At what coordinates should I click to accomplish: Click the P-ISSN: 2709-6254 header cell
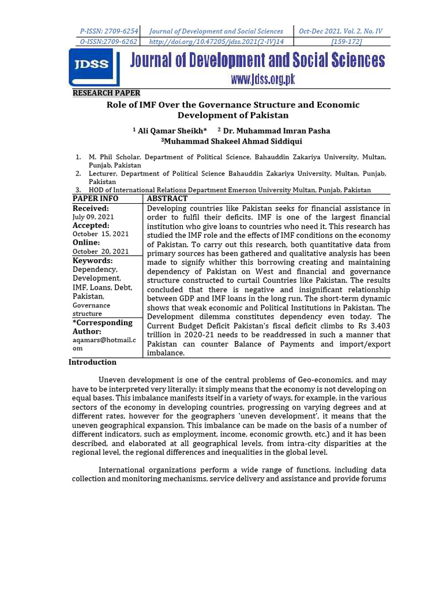tap(109, 31)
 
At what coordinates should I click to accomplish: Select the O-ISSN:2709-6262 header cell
tap(109, 42)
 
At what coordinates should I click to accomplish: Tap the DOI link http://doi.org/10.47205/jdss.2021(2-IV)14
tap(216, 42)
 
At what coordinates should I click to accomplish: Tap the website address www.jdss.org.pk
tap(263, 80)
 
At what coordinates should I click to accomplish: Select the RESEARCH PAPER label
tap(106, 93)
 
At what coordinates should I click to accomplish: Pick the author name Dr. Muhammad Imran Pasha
tap(276, 131)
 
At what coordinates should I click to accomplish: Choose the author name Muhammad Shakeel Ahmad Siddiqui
tap(233, 141)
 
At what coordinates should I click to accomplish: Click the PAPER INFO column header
tap(95, 199)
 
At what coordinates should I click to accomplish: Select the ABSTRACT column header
tap(167, 199)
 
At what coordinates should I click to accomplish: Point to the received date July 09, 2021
tap(93, 216)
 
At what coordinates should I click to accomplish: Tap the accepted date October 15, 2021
tap(100, 234)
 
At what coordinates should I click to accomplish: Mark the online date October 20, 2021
tap(100, 251)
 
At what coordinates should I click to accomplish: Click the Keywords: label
tap(92, 261)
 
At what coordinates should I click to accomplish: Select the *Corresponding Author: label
tap(102, 327)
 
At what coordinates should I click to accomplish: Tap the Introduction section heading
tap(92, 362)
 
